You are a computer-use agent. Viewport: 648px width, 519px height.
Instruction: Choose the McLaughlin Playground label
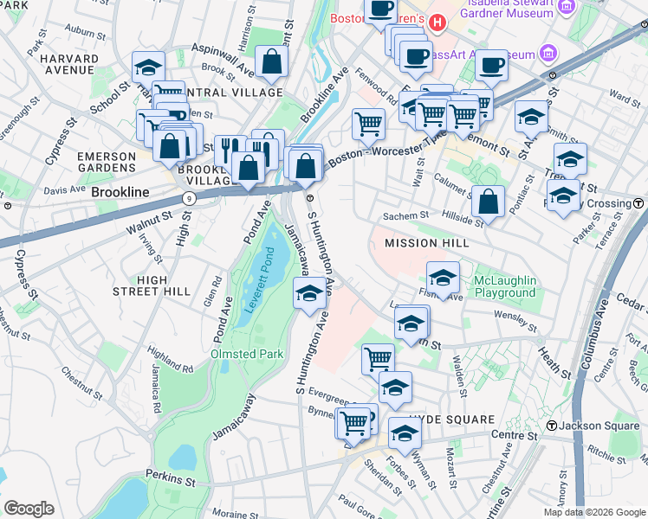click(x=505, y=287)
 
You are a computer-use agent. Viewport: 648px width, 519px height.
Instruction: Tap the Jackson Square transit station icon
click(x=552, y=425)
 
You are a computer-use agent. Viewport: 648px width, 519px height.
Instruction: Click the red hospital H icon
click(x=437, y=21)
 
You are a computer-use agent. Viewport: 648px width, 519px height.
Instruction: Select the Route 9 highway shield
click(x=190, y=199)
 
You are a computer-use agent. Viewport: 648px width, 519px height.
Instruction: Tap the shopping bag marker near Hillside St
click(x=489, y=202)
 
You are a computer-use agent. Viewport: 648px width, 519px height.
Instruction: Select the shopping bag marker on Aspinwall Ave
click(x=272, y=61)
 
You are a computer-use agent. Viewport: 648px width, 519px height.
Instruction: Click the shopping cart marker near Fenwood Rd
click(x=368, y=123)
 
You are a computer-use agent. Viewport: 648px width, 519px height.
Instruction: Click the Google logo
click(x=29, y=509)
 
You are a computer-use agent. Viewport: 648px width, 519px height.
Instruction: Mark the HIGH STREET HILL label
click(x=152, y=285)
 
